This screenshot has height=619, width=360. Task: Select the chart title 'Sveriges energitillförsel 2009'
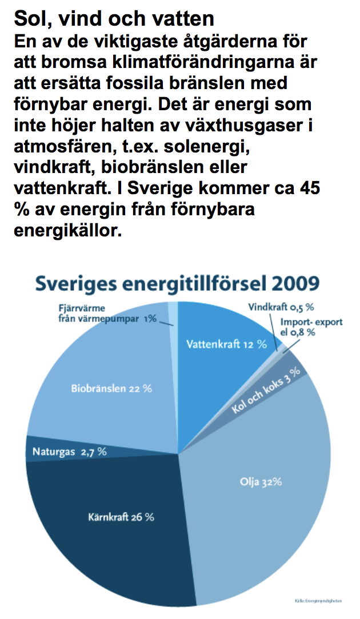pos(178,283)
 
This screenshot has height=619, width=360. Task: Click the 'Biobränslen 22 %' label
pos(111,388)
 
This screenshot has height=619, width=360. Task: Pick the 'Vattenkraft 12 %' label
pos(227,344)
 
